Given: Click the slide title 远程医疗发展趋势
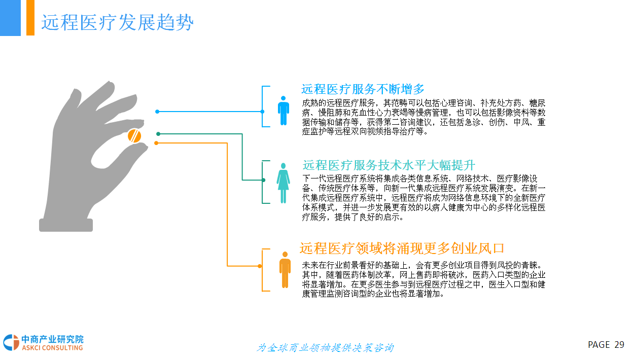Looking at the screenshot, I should [x=117, y=23].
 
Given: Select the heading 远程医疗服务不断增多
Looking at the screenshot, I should [x=363, y=89].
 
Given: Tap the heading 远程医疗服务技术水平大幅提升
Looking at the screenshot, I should [x=389, y=165].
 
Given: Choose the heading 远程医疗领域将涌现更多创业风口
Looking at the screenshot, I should [x=402, y=248].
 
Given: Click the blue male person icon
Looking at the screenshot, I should [x=284, y=111].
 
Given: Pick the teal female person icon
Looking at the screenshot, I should [x=283, y=183].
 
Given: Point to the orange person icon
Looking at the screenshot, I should [x=285, y=269].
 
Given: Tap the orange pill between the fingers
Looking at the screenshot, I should [x=134, y=136].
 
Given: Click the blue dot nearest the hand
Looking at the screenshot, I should [x=157, y=112].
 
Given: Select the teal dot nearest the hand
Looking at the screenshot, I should [x=158, y=134].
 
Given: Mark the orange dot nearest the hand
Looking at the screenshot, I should [x=156, y=143].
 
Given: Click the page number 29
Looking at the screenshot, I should [x=619, y=345].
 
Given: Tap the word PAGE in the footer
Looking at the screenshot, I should [x=598, y=345].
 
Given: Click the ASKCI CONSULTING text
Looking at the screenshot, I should [x=52, y=348].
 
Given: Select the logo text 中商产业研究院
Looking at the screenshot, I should [x=52, y=339].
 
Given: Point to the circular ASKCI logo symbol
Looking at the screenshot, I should [x=11, y=343].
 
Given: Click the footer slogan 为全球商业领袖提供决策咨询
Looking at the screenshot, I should [x=325, y=348].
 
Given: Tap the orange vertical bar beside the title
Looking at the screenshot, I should [x=30, y=18].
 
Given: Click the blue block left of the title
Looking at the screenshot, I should [x=10, y=18].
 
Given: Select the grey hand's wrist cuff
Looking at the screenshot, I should [x=66, y=225].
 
